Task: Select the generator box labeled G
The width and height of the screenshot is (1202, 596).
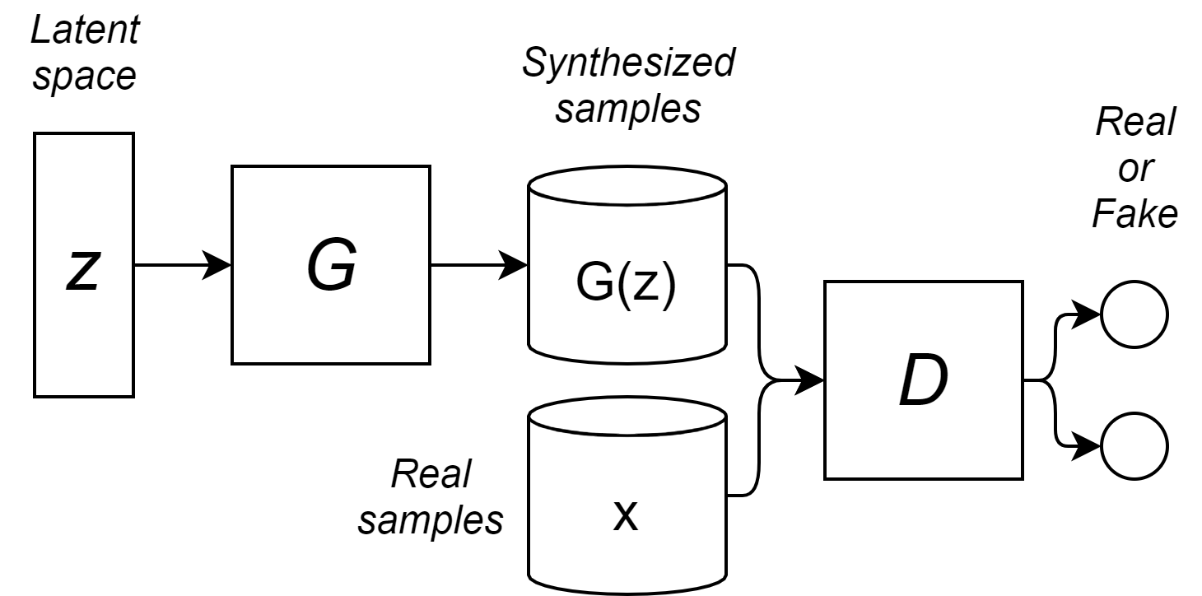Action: tap(331, 265)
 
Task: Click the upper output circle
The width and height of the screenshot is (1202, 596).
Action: tap(1134, 314)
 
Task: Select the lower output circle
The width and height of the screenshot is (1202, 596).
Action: tap(1134, 447)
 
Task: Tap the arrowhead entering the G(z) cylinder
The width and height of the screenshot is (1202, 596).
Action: tap(516, 265)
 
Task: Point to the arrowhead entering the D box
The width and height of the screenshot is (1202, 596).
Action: tap(813, 380)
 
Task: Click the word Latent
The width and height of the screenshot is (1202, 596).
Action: tap(85, 31)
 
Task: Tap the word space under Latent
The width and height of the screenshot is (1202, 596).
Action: tap(85, 77)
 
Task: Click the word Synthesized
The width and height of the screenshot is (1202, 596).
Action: tap(628, 63)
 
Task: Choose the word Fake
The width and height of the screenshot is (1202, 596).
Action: tap(1134, 214)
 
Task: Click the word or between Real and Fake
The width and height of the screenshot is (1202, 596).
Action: tap(1134, 169)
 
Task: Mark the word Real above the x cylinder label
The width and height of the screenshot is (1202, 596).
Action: tap(431, 474)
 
